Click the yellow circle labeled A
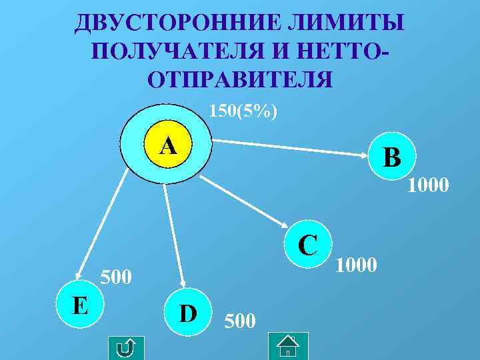(x=168, y=144)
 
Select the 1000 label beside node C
(x=357, y=265)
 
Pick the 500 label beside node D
(x=240, y=322)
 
